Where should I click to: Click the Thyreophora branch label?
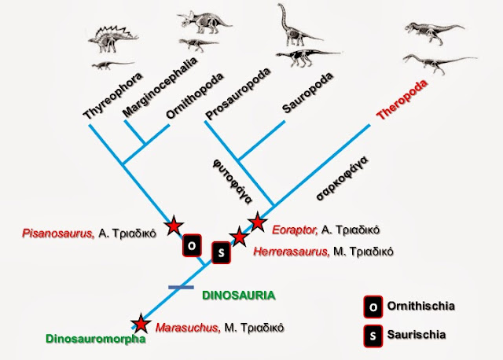click(x=113, y=96)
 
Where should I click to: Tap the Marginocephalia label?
click(x=160, y=87)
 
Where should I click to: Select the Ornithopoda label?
click(x=194, y=96)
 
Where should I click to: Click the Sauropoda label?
click(x=307, y=93)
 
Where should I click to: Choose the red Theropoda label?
click(x=402, y=100)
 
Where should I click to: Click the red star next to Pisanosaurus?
click(x=174, y=226)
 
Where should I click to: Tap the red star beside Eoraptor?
click(x=258, y=222)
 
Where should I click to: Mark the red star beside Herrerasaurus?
click(x=239, y=237)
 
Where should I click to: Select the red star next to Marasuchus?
click(x=141, y=323)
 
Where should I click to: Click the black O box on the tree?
click(x=192, y=245)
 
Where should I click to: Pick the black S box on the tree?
click(x=222, y=253)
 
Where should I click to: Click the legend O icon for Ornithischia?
click(x=373, y=307)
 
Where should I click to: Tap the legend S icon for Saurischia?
click(x=373, y=336)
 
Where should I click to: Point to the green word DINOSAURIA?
click(x=239, y=296)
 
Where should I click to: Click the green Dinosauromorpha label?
click(x=96, y=339)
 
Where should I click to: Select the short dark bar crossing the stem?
click(x=182, y=288)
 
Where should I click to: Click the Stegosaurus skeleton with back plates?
click(x=113, y=39)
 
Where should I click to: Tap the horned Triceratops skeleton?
click(x=204, y=23)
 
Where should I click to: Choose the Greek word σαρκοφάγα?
click(x=342, y=178)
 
